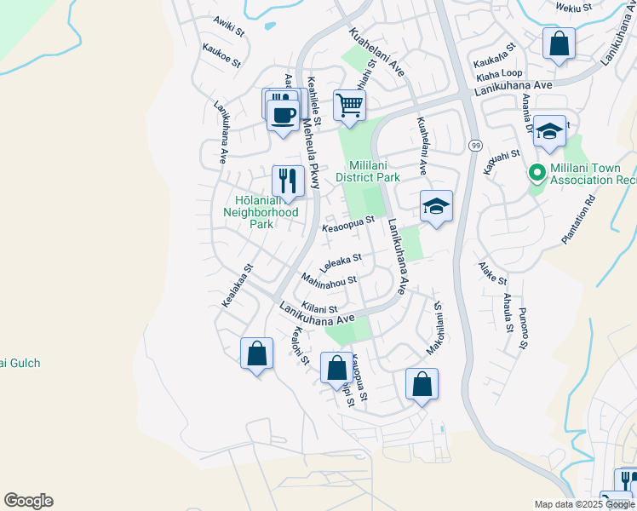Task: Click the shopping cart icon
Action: click(x=349, y=106)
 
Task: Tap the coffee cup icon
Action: click(x=283, y=114)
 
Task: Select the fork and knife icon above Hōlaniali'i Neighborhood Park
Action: click(x=288, y=181)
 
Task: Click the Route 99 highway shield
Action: click(x=474, y=146)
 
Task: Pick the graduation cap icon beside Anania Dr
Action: click(x=550, y=131)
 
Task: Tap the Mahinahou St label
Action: click(x=329, y=279)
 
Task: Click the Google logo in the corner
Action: click(x=28, y=501)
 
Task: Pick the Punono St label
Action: click(x=523, y=328)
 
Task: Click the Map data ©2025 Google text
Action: click(x=583, y=504)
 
